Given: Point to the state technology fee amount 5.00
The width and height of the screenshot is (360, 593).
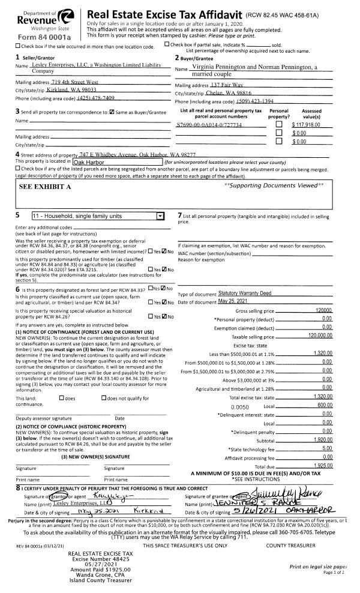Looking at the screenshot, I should click(x=327, y=430).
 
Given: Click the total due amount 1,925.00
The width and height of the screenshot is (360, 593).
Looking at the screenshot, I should click(x=322, y=448).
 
